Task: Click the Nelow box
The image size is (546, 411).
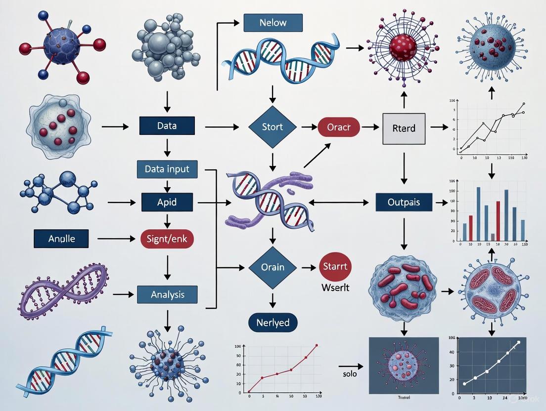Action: click(x=272, y=22)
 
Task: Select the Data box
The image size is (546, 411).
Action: click(x=167, y=126)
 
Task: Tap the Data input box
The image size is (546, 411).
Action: click(x=167, y=169)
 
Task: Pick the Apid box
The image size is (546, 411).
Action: click(x=167, y=202)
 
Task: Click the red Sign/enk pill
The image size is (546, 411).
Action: click(x=167, y=239)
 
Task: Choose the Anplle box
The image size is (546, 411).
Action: click(x=61, y=239)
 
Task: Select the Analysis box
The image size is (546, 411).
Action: click(x=167, y=294)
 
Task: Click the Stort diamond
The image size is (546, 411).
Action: click(x=272, y=126)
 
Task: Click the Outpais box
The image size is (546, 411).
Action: click(x=404, y=202)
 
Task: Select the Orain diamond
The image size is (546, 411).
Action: click(x=272, y=267)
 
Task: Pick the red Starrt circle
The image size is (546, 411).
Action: click(x=334, y=266)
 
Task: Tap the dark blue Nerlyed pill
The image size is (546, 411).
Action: click(x=273, y=323)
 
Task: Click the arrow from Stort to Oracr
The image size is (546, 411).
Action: click(x=309, y=127)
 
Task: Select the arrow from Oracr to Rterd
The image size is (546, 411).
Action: click(x=368, y=127)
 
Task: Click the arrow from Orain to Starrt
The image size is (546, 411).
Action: click(x=309, y=268)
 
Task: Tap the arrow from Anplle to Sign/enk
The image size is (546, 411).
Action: click(x=116, y=239)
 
